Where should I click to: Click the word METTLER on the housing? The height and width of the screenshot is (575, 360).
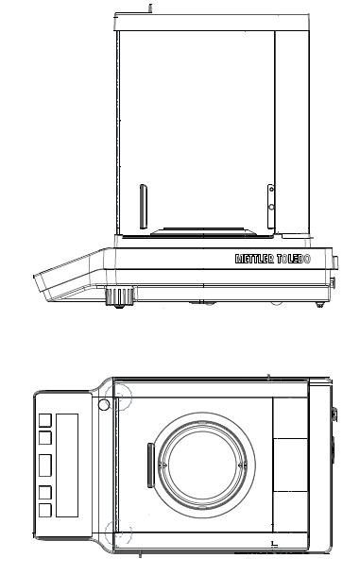click(x=255, y=259)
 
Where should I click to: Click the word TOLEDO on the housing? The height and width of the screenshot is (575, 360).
click(x=294, y=259)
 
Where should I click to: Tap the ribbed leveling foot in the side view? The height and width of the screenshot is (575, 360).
click(x=120, y=297)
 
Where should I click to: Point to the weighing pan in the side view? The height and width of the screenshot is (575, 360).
click(x=203, y=231)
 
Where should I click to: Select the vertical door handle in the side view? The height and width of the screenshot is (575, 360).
click(x=144, y=207)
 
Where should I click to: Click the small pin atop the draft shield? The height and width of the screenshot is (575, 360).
click(x=149, y=8)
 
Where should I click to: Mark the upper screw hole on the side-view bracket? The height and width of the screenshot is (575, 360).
click(x=271, y=189)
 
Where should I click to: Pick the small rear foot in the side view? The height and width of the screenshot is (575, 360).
click(x=320, y=304)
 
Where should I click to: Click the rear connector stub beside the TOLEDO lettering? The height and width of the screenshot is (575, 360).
click(x=335, y=262)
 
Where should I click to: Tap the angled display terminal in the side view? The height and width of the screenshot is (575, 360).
click(x=68, y=275)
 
